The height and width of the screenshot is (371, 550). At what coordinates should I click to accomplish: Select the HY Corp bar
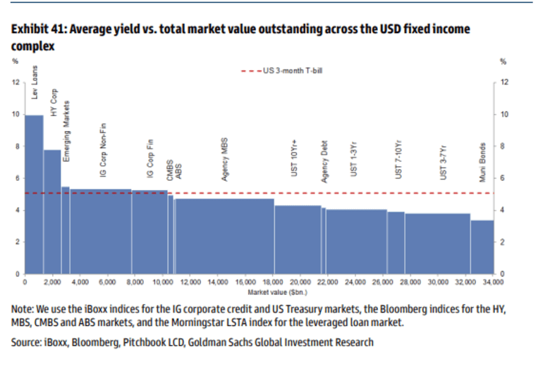point(52,211)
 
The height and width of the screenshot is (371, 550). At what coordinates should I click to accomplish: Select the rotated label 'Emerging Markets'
point(66,132)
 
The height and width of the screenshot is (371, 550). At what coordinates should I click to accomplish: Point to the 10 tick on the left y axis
point(16,114)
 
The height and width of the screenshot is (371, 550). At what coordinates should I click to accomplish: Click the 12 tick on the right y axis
point(504,82)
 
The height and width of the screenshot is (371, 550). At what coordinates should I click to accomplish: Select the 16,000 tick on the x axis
point(245,282)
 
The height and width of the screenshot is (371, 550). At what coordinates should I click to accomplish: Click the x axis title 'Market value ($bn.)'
point(268,290)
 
